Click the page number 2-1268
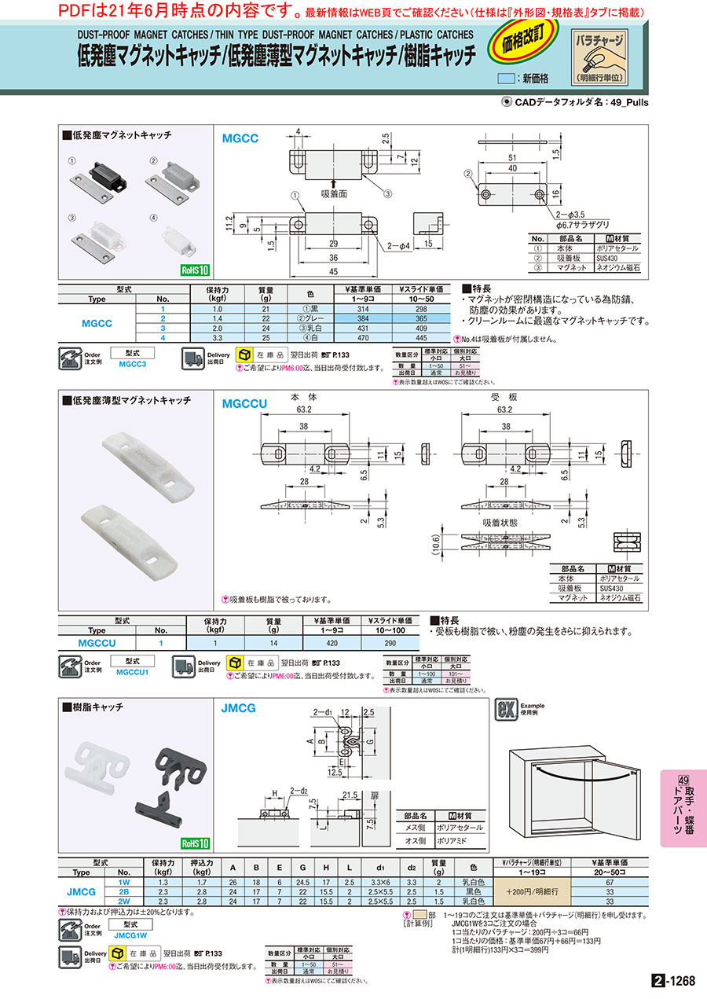pos(673,981)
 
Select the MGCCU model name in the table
pos(97,642)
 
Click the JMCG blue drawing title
pos(239,707)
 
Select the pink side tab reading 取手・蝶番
pos(683,807)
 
